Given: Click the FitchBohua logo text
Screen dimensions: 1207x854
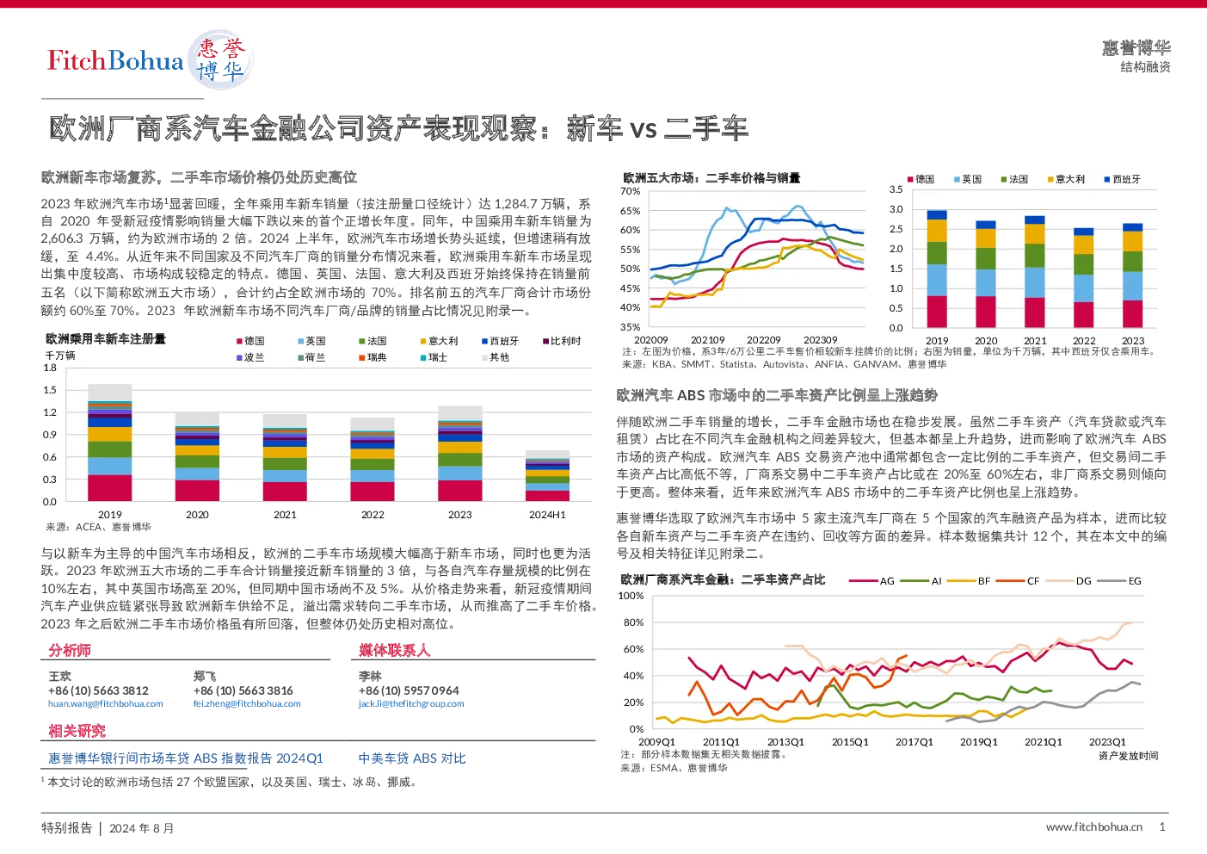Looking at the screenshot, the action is click(115, 60).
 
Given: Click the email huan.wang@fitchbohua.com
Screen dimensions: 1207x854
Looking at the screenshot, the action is click(106, 703).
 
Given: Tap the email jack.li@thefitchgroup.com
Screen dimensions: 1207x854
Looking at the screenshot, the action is click(411, 703).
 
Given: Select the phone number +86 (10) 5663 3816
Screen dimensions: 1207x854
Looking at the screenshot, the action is click(243, 690).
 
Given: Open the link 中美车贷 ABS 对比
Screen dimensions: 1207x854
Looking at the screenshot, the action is click(412, 758).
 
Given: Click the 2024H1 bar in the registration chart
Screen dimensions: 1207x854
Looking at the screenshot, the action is click(547, 475).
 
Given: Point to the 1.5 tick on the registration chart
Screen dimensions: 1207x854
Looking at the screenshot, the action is click(50, 390).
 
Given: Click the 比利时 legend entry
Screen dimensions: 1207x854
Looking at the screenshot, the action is click(562, 341).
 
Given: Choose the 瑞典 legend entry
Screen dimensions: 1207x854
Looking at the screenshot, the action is click(373, 357).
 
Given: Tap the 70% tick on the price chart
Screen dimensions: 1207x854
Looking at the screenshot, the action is click(630, 191).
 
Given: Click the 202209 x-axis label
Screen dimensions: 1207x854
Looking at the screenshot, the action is click(764, 340).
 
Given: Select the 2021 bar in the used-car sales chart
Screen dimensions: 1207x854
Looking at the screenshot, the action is click(1035, 272).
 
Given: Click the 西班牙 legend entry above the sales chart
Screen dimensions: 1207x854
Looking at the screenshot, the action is click(1123, 180).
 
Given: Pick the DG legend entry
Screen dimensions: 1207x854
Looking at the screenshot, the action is click(1068, 581).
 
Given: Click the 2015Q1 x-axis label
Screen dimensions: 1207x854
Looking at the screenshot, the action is click(850, 742).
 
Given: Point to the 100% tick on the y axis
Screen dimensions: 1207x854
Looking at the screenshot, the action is click(631, 596).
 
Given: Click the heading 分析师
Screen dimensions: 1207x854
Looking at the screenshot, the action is click(70, 650).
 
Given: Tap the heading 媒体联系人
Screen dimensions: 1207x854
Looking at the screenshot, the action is click(394, 650).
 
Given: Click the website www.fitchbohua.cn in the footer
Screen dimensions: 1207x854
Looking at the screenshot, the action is click(1093, 827).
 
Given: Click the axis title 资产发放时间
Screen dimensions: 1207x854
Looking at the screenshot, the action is click(1129, 756).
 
